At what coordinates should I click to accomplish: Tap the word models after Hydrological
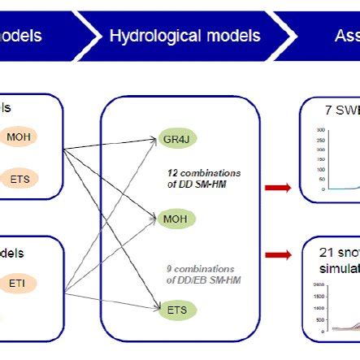230,37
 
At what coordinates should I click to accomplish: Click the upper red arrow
278,188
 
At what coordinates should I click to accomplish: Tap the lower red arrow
278,253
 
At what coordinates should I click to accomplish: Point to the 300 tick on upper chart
322,129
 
